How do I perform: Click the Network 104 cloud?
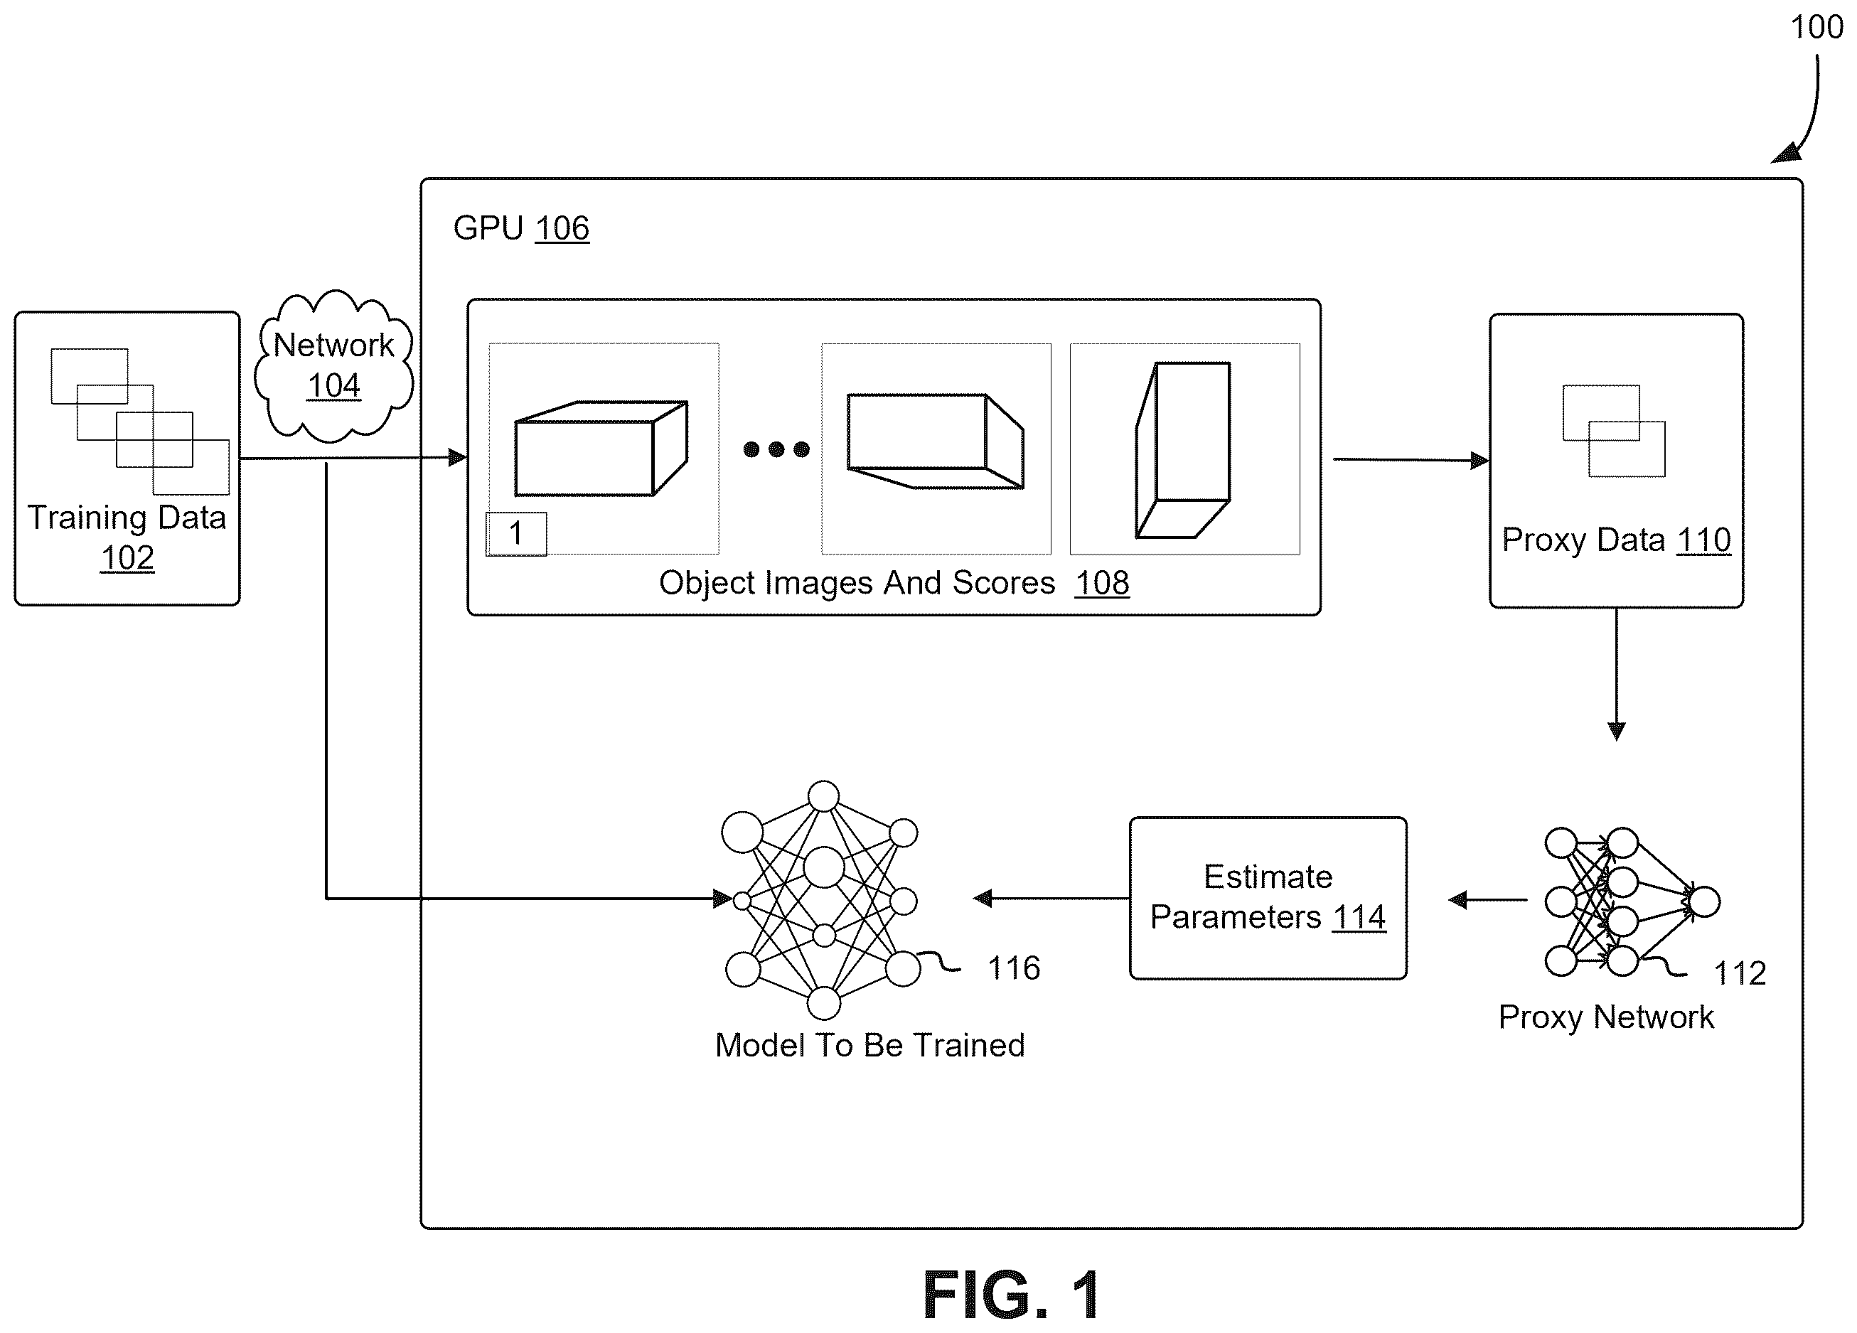click(333, 366)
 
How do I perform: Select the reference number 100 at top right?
click(1816, 27)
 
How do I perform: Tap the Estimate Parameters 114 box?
click(1268, 897)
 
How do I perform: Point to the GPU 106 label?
click(520, 227)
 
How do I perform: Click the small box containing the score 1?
click(516, 534)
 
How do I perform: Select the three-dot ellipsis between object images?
click(776, 449)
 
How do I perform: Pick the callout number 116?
click(1014, 968)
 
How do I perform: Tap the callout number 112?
click(1740, 973)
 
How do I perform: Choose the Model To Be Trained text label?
click(869, 1045)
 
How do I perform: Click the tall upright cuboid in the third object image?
click(1183, 449)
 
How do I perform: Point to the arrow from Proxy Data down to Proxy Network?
click(1616, 675)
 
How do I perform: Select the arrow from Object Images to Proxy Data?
click(1411, 459)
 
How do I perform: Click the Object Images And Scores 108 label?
click(894, 583)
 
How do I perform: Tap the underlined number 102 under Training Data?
click(127, 557)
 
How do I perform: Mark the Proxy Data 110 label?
click(1616, 540)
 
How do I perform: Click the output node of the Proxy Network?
click(1705, 901)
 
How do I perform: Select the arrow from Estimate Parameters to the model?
click(1051, 898)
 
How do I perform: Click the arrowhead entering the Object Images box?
click(459, 458)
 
